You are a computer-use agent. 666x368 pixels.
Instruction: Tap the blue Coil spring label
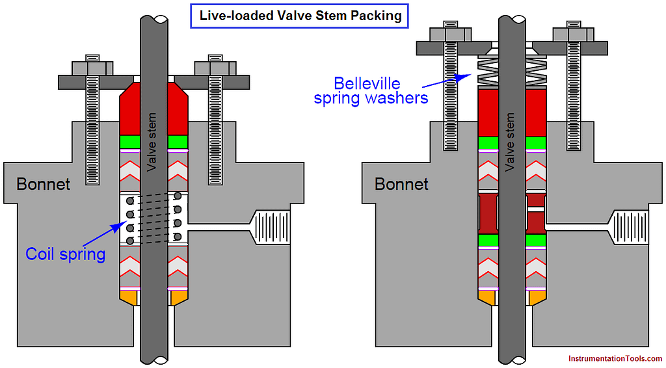65,253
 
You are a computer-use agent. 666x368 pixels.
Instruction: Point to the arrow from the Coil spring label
104,234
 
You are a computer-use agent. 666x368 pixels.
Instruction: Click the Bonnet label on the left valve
43,185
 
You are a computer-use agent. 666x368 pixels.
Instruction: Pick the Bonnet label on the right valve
401,185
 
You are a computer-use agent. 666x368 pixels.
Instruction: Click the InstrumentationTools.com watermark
615,358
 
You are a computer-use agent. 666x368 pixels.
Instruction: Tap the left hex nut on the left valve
92,67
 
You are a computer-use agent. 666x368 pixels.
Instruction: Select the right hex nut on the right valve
572,33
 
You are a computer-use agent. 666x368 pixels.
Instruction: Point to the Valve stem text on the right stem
511,143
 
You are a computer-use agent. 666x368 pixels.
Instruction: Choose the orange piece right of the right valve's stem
535,297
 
